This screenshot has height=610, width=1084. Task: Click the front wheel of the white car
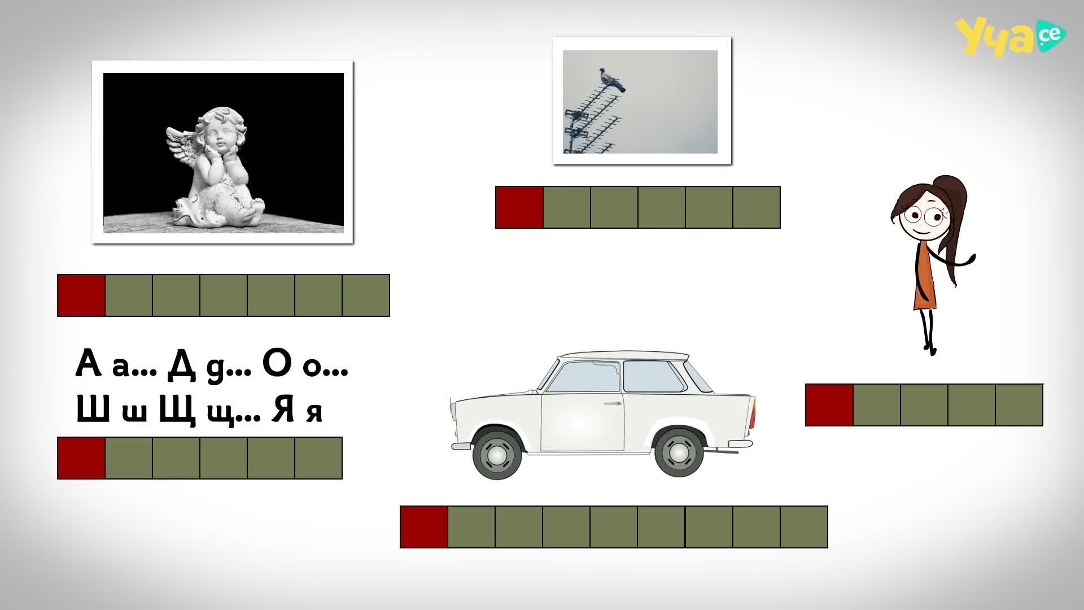point(497,454)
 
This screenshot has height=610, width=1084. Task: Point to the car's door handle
point(612,403)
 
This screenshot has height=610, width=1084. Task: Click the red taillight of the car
point(753,413)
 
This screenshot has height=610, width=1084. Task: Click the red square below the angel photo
point(81,295)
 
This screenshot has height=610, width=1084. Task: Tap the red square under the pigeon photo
point(519,207)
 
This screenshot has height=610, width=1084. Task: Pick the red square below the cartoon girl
point(829,405)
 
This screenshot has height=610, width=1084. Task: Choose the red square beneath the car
point(424,527)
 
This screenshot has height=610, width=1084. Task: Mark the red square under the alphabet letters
point(81,458)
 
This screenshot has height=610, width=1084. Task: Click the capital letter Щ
point(177,410)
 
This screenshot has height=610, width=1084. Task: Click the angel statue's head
point(219,130)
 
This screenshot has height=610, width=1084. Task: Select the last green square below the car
point(804,527)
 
